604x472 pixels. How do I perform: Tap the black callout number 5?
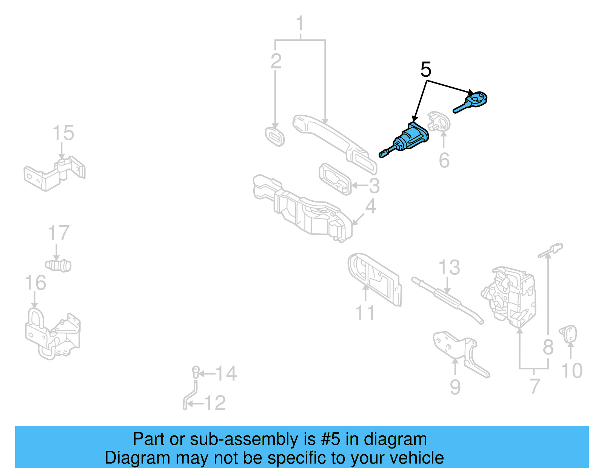(425, 70)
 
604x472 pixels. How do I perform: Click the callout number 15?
(63, 133)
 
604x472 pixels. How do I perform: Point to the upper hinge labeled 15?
(55, 175)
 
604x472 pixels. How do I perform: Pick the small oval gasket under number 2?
(274, 137)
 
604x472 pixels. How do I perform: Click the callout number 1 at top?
(300, 24)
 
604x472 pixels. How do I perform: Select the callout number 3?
(374, 186)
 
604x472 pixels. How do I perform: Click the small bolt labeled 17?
(59, 265)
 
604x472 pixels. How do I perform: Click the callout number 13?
(449, 268)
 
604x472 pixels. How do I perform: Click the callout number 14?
(226, 373)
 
